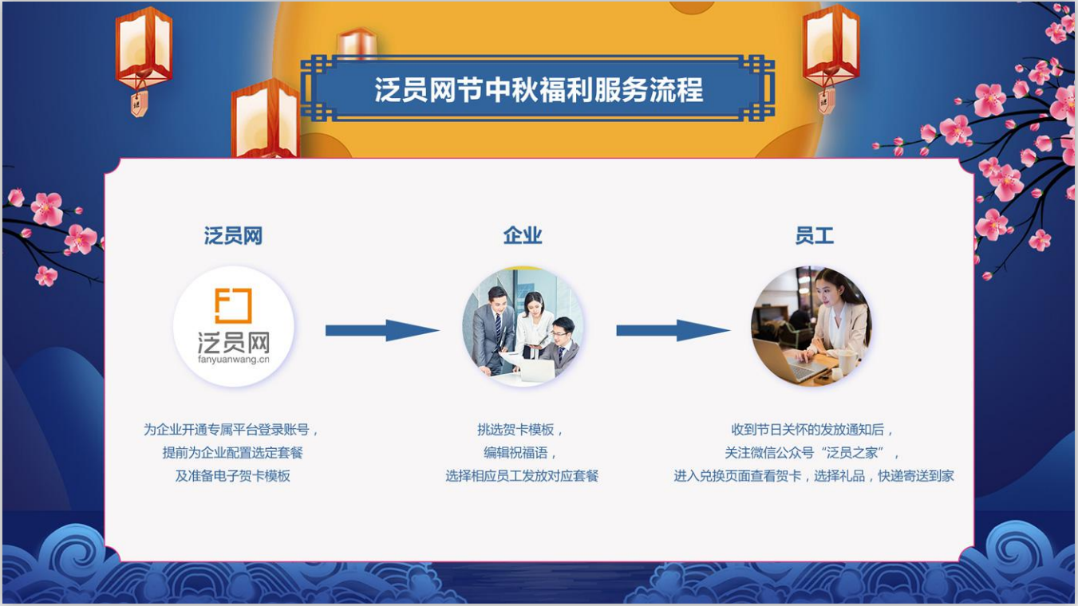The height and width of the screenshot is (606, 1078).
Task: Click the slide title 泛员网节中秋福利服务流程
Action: (x=539, y=90)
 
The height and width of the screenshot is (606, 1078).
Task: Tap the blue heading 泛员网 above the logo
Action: (x=234, y=236)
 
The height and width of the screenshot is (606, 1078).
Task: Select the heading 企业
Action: (x=523, y=236)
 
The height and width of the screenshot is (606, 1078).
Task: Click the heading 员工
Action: (x=814, y=236)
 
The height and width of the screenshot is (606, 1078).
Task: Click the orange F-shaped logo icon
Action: (x=233, y=305)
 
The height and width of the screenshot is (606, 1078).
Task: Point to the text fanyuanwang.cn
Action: (x=234, y=360)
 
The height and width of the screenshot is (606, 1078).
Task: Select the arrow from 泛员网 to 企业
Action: (x=382, y=330)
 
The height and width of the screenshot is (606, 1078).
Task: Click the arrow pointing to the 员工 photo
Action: (x=673, y=330)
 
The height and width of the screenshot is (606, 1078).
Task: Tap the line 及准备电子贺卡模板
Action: (x=233, y=476)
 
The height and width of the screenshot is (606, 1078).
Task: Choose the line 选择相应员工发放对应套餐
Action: (x=522, y=476)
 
